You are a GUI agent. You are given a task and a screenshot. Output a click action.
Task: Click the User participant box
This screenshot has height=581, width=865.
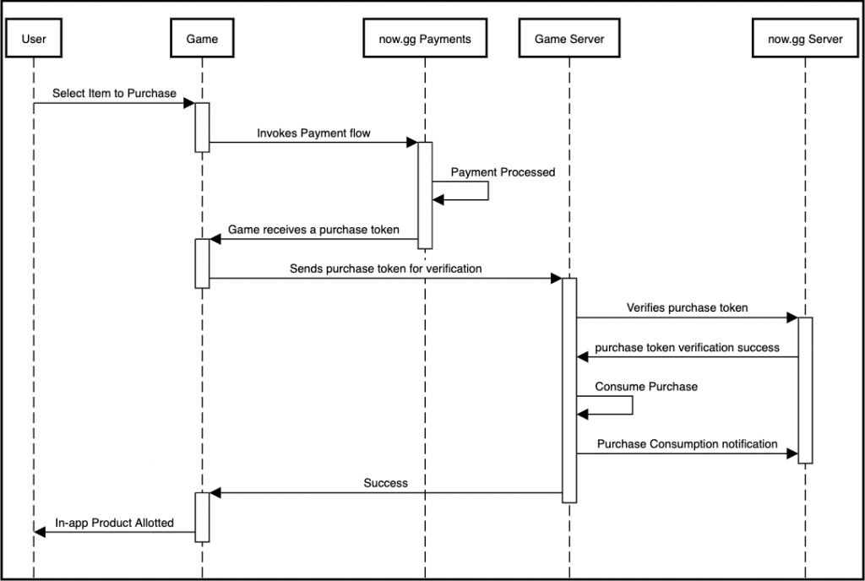[34, 38]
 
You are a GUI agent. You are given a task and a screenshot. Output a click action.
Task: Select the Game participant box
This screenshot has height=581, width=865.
[202, 38]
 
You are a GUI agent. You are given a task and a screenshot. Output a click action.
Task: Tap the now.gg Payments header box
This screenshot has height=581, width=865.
[425, 38]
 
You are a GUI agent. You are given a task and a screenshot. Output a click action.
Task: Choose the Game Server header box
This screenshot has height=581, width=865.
[569, 38]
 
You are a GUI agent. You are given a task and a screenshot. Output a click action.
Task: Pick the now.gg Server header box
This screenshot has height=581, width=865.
[805, 38]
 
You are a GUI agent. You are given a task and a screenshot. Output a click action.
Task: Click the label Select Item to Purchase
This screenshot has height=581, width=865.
[114, 93]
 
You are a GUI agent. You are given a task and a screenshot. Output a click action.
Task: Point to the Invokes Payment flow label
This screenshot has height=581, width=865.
[313, 133]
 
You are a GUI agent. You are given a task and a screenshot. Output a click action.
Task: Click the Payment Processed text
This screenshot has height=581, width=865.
[503, 172]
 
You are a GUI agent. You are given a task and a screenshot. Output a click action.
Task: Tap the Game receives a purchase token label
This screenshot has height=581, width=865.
[313, 230]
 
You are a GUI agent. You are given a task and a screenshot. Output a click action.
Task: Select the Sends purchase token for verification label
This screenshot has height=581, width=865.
[385, 269]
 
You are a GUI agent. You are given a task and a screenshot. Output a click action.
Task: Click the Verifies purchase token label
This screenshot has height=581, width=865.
[687, 307]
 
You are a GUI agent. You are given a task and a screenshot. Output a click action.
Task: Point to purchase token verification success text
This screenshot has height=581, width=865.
[687, 347]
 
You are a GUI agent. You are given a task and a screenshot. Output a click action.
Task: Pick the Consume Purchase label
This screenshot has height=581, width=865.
[646, 387]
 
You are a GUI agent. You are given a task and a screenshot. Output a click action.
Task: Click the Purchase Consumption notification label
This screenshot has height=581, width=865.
[687, 443]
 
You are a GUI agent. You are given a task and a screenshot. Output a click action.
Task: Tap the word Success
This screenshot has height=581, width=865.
[385, 483]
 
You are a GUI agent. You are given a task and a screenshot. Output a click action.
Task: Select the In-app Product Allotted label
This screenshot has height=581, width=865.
[114, 523]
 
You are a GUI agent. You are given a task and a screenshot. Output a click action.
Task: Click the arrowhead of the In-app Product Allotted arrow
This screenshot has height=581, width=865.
[39, 532]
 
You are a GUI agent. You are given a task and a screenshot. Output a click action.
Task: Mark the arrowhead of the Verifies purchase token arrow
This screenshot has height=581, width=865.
[792, 318]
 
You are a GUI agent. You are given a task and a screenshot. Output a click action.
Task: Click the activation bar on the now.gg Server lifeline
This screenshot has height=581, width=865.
[805, 390]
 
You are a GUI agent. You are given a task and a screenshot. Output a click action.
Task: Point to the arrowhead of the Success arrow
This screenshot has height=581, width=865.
[215, 493]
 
